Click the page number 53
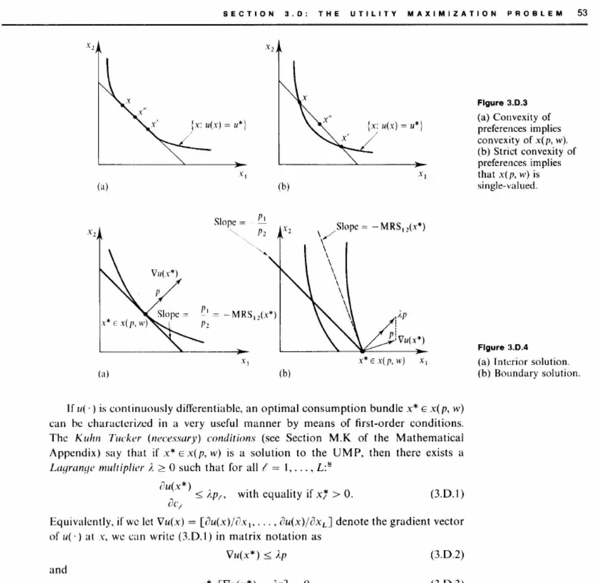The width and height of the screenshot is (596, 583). coord(582,13)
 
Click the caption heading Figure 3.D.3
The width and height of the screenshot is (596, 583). coord(502,103)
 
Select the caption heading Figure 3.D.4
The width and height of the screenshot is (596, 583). coord(502,347)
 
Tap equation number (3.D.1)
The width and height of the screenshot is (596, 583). coord(447,494)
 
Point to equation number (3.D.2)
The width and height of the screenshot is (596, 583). coord(447,555)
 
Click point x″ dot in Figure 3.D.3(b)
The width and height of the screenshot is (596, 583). coord(320,124)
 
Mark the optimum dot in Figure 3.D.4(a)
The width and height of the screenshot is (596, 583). coord(145,314)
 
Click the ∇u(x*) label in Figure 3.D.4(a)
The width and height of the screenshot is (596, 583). coord(164,274)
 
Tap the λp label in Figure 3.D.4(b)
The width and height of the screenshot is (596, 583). coord(402,315)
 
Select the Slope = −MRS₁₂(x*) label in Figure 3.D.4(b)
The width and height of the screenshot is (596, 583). coord(380,227)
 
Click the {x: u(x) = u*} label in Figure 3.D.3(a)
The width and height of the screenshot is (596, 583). coord(219,125)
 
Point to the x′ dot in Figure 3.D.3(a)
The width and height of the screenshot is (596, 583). coord(148,129)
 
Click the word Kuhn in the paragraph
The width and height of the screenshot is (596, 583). coord(88,438)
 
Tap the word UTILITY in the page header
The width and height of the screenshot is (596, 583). coord(373,14)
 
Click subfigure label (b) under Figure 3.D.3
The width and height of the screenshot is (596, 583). coord(284,186)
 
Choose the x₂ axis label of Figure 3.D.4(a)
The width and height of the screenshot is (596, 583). coord(91,232)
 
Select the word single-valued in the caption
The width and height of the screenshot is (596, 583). coord(507,186)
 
